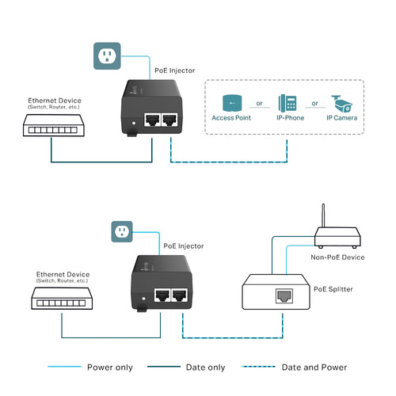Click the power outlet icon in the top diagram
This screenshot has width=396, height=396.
pyautogui.click(x=108, y=55)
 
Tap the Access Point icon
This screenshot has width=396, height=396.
pyautogui.click(x=230, y=103)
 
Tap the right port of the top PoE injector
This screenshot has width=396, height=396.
pyautogui.click(x=169, y=120)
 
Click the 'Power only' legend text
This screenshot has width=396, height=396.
pyautogui.click(x=110, y=367)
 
